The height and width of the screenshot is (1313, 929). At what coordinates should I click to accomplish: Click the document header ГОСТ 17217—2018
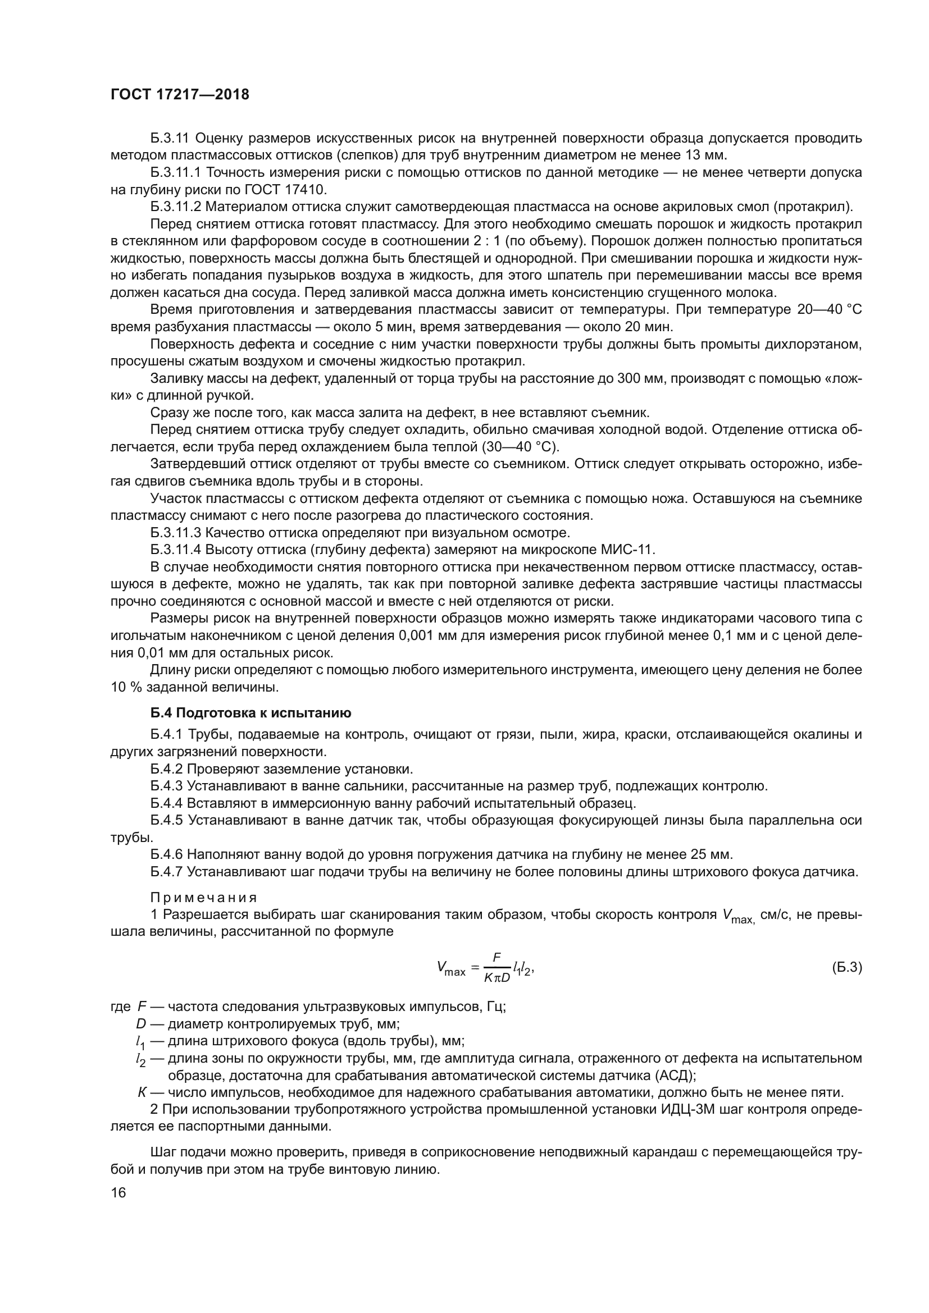point(180,95)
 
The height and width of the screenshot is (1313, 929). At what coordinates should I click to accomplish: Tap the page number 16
point(119,1192)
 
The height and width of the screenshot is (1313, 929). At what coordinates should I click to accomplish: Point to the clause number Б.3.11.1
point(176,173)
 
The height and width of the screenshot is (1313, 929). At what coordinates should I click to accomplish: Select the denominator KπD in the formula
point(497,977)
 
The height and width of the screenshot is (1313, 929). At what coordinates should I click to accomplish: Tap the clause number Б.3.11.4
point(176,550)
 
